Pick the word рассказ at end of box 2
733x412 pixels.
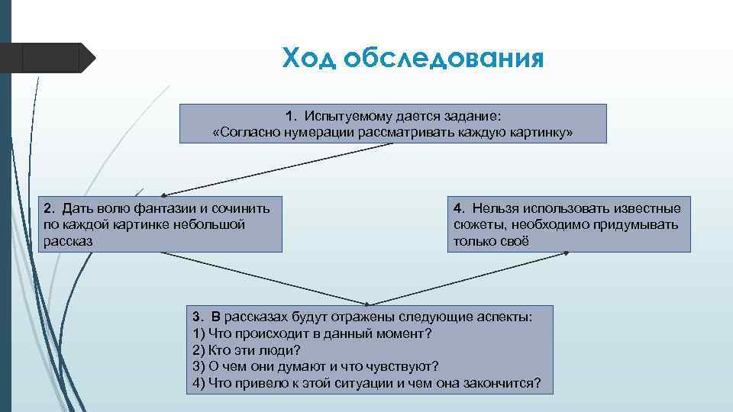tap(68, 240)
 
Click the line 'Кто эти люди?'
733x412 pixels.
tap(247, 350)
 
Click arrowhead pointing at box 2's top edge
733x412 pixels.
tap(165, 195)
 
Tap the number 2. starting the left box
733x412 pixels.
tap(49, 208)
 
